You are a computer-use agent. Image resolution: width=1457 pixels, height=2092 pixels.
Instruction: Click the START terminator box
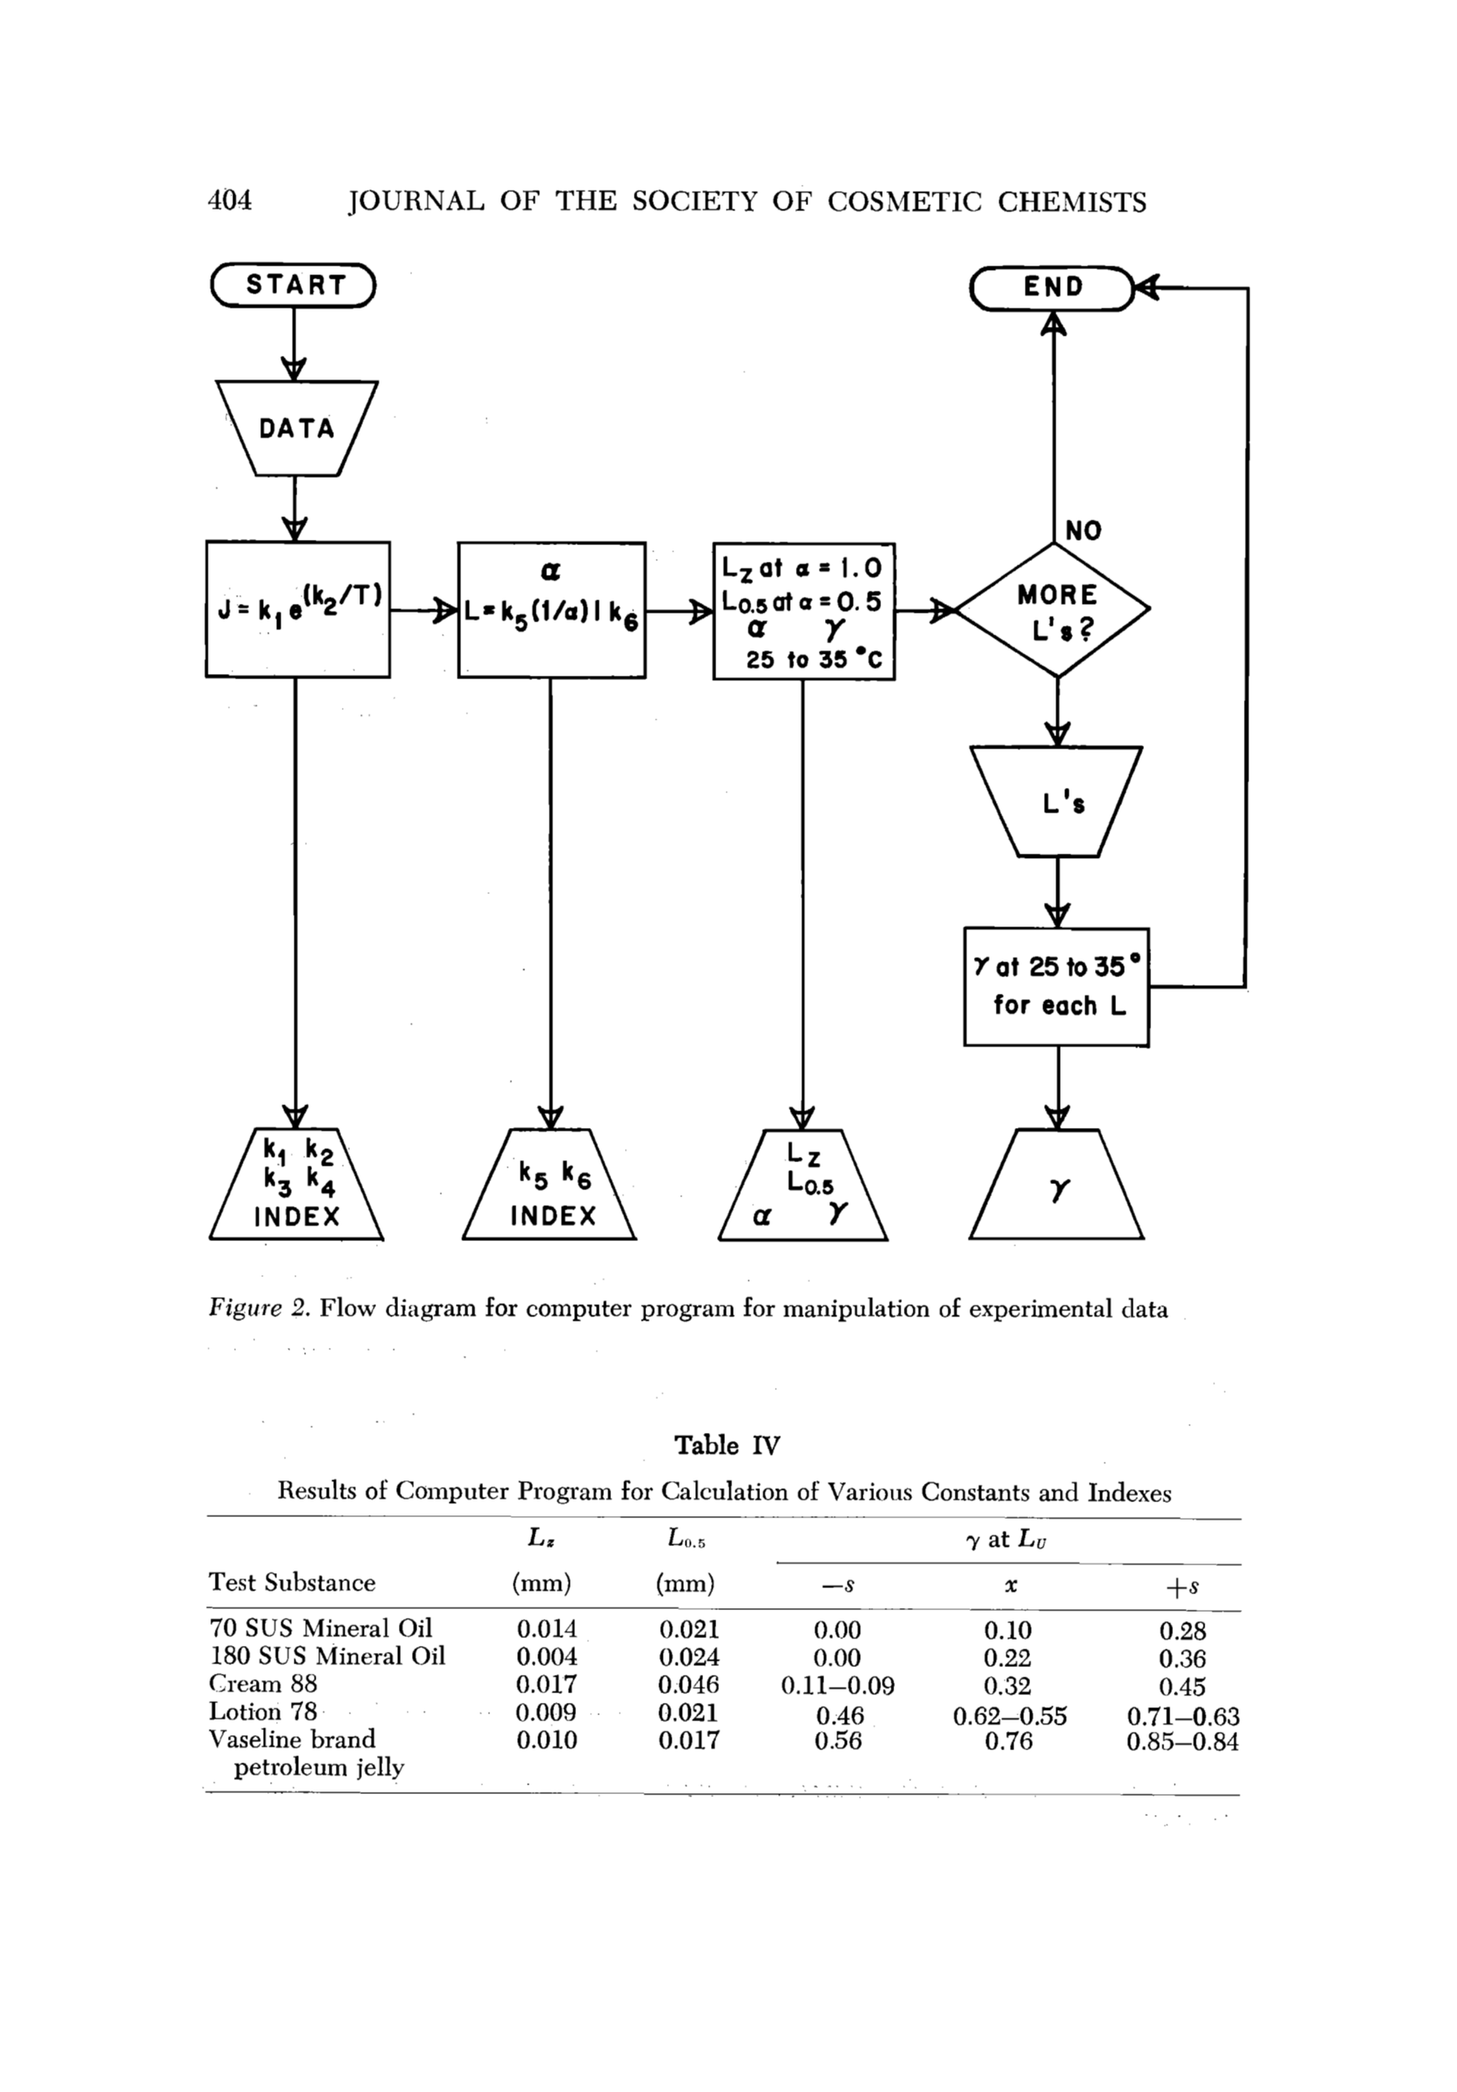294,285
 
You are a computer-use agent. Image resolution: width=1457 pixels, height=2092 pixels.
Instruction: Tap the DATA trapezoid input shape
296,428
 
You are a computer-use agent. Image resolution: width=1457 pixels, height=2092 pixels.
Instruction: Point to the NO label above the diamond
1084,530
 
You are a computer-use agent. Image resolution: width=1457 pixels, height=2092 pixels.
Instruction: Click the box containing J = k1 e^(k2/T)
297,608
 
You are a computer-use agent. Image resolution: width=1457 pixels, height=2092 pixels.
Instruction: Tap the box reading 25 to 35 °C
803,611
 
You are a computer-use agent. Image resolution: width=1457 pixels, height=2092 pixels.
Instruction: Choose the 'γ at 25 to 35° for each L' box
1057,986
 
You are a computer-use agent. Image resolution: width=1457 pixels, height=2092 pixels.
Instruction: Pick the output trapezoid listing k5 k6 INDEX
551,1185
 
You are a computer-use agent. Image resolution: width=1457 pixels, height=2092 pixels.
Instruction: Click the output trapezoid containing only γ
1057,1185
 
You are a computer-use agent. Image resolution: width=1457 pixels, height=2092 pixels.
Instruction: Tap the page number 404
231,201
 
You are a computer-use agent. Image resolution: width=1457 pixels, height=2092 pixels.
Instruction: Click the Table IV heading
726,1445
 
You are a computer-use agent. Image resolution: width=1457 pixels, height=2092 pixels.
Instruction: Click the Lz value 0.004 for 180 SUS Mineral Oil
546,1656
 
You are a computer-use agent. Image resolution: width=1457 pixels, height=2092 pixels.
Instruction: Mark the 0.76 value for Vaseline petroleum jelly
1009,1740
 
